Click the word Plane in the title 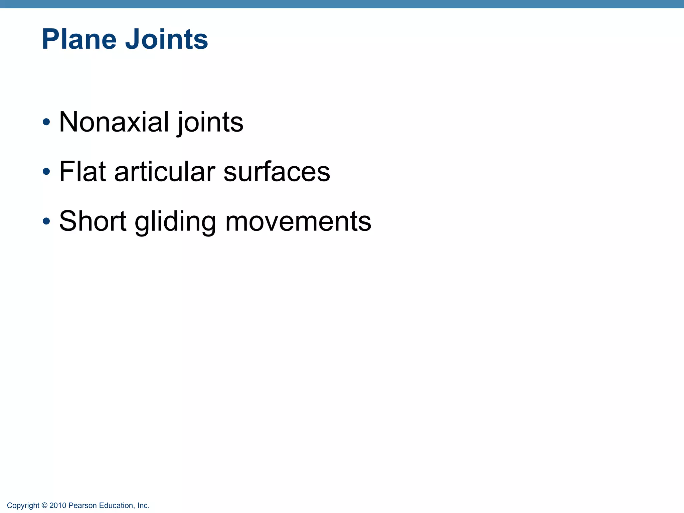pyautogui.click(x=79, y=39)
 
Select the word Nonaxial pyautogui.click(x=114, y=122)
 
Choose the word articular pyautogui.click(x=165, y=172)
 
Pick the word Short pyautogui.click(x=93, y=221)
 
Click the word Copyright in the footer pyautogui.click(x=23, y=506)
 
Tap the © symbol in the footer pyautogui.click(x=44, y=506)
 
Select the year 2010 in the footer pyautogui.click(x=58, y=506)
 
